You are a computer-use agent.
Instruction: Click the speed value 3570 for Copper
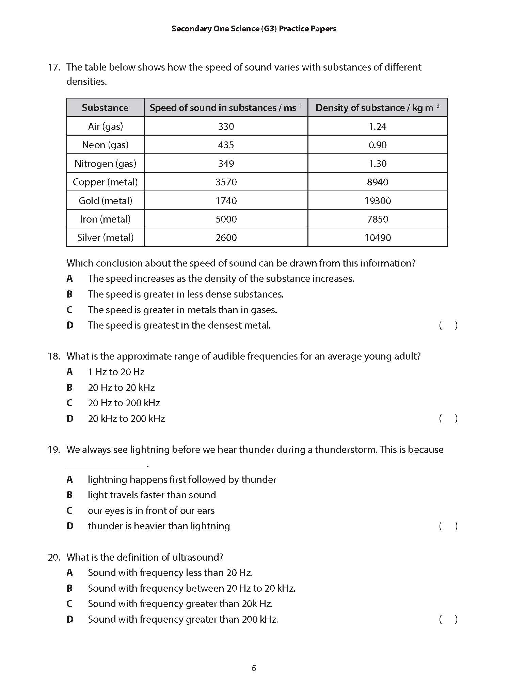point(226,182)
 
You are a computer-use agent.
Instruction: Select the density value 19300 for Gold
point(377,201)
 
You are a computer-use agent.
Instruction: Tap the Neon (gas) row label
point(105,145)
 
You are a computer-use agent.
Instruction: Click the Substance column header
point(105,108)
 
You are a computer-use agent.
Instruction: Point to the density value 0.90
point(377,145)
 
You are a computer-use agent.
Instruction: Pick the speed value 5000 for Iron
point(226,219)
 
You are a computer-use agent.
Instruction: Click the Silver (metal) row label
point(105,238)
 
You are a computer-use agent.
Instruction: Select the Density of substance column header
point(377,108)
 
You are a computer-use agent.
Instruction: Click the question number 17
point(53,67)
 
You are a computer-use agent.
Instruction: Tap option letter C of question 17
point(69,310)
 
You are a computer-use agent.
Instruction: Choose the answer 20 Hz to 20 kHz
point(121,388)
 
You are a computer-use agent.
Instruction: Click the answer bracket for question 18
point(448,419)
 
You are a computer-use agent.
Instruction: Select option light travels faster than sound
point(152,495)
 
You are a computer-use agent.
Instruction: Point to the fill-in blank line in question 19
point(106,466)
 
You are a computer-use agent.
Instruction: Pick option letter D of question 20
point(69,619)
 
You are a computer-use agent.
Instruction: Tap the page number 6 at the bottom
point(254,668)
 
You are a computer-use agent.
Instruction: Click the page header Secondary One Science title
point(254,29)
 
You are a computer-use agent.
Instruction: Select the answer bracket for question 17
point(448,325)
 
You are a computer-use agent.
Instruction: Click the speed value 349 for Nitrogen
point(226,164)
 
